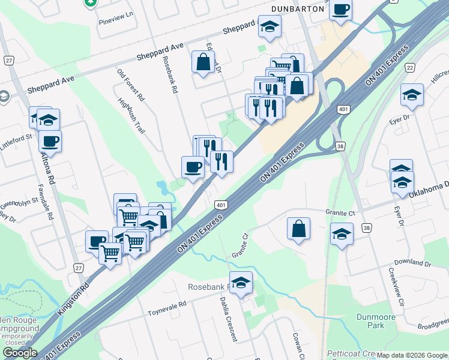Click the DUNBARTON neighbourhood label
298,8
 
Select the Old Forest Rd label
131,84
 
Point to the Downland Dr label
413,263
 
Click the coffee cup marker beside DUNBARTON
340,10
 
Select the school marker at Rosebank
241,282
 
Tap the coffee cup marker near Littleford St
50,141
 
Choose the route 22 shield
409,68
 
